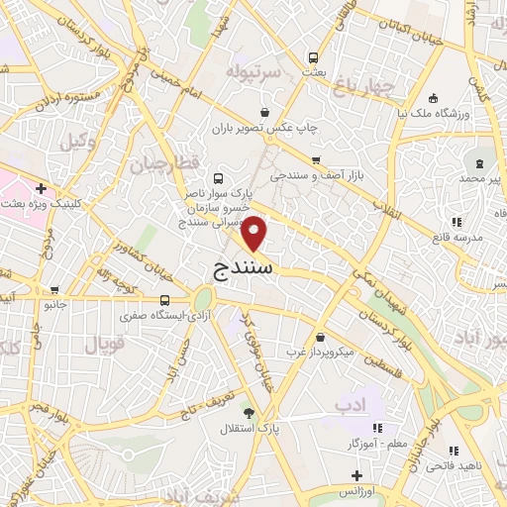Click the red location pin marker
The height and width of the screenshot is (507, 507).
255,233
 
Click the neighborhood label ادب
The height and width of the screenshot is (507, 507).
351,404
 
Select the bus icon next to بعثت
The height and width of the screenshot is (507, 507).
313,57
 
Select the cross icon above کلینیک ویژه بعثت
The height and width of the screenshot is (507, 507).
41,187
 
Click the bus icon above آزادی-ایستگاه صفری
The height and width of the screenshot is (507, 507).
164,299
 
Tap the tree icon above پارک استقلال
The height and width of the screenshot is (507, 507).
249,413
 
